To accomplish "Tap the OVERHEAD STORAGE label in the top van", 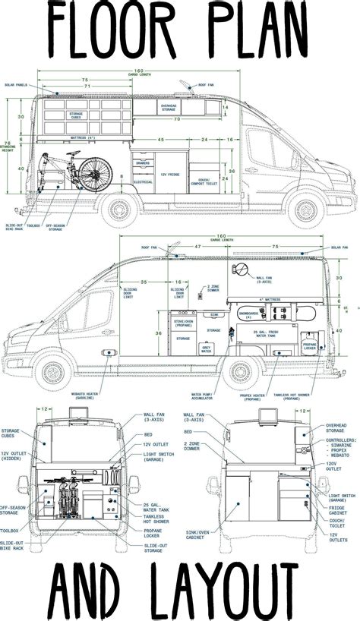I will point(169,109).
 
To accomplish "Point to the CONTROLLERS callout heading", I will point(339,439).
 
